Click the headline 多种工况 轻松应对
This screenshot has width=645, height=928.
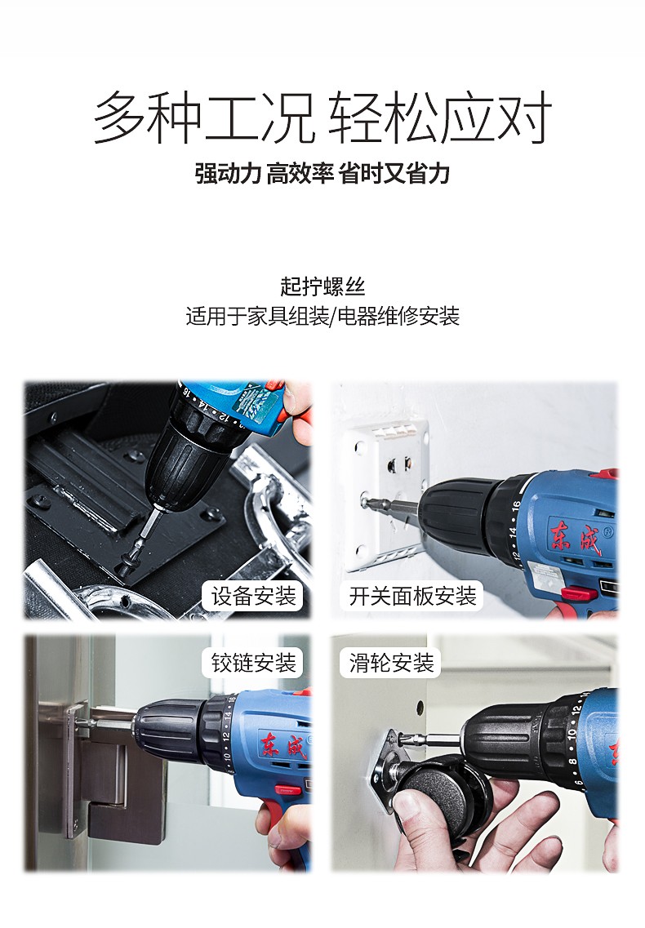click(322, 118)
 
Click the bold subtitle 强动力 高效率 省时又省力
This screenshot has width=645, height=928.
click(322, 173)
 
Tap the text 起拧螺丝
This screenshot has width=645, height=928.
click(322, 286)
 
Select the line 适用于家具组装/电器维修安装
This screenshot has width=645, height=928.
click(322, 316)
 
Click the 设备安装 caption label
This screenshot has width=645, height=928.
click(253, 596)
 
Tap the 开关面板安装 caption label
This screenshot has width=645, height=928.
click(413, 596)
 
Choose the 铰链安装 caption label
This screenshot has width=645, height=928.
click(253, 663)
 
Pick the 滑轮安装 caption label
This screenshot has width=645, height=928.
click(392, 663)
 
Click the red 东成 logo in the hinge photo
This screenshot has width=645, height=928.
click(283, 744)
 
